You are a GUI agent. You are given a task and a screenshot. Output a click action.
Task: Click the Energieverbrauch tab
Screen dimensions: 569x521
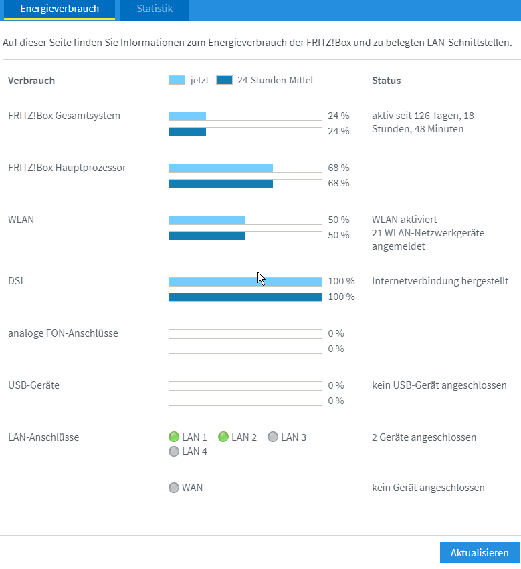pyautogui.click(x=60, y=9)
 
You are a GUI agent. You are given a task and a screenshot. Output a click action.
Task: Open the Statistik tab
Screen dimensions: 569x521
pyautogui.click(x=154, y=9)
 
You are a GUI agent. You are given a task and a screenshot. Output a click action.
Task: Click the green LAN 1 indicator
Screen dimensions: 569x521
pyautogui.click(x=175, y=437)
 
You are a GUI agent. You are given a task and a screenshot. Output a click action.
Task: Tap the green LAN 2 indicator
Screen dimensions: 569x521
pyautogui.click(x=224, y=437)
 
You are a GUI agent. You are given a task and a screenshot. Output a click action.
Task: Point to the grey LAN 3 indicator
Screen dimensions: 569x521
pyautogui.click(x=273, y=437)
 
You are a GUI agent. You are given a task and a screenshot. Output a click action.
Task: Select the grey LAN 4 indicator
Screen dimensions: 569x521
pyautogui.click(x=175, y=451)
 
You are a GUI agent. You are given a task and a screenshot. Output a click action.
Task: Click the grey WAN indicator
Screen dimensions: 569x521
pyautogui.click(x=175, y=488)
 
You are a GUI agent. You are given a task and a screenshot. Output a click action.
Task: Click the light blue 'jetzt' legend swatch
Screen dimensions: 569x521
pyautogui.click(x=177, y=81)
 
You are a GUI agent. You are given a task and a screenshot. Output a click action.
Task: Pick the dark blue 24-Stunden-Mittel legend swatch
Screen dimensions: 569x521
pyautogui.click(x=225, y=81)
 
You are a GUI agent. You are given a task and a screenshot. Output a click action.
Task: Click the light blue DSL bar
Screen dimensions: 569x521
pyautogui.click(x=245, y=282)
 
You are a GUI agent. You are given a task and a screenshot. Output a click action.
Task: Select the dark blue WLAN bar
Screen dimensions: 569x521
pyautogui.click(x=207, y=235)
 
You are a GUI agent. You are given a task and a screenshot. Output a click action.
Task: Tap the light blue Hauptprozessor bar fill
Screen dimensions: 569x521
pyautogui.click(x=221, y=168)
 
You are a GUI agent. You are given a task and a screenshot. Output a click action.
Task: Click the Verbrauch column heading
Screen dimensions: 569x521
pyautogui.click(x=31, y=81)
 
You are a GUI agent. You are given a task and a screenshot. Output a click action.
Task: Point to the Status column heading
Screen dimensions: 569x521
pyautogui.click(x=386, y=81)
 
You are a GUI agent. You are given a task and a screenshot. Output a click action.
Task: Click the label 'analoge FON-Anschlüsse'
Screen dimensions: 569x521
pyautogui.click(x=63, y=333)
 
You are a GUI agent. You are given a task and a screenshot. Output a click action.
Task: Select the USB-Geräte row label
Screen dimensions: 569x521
pyautogui.click(x=33, y=385)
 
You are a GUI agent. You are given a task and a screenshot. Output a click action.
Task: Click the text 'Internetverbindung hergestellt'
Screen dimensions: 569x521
pyautogui.click(x=439, y=281)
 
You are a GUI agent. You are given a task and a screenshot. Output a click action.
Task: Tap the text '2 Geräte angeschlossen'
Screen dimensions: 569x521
pyautogui.click(x=424, y=437)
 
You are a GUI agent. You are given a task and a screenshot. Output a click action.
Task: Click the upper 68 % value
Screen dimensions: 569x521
pyautogui.click(x=338, y=168)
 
